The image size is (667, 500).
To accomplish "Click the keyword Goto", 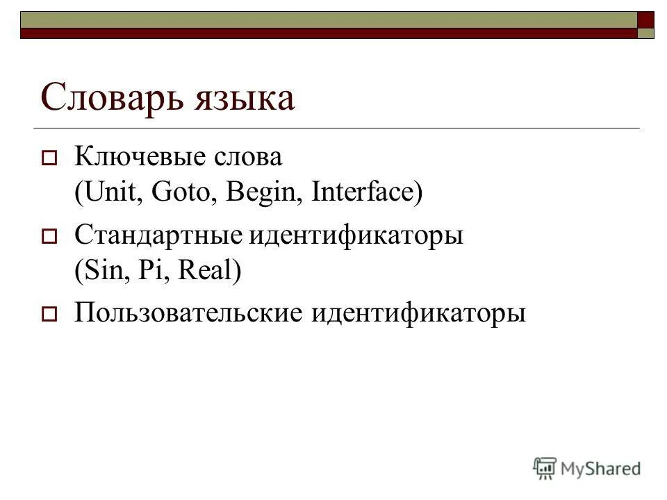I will pos(181,192).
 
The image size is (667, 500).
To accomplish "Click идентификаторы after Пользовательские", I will pos(418,313).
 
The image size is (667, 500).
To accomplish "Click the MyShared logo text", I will pos(602,469).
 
